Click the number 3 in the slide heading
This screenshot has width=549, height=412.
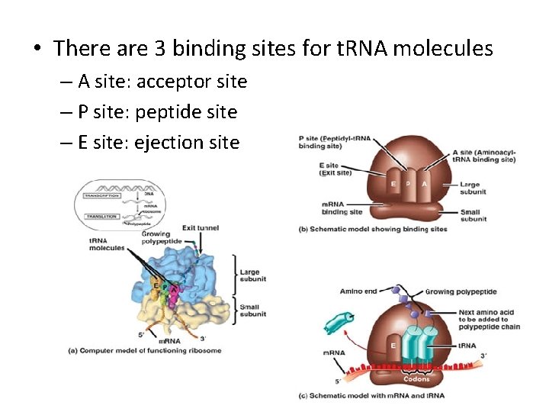point(161,50)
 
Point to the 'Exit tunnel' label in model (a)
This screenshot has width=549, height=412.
point(201,227)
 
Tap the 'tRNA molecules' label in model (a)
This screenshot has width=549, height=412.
point(106,246)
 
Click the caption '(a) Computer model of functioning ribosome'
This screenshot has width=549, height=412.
point(145,350)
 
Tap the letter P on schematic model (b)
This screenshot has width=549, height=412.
point(408,184)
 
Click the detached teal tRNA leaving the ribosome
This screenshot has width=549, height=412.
point(339,321)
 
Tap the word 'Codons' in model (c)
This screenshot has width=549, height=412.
point(416,378)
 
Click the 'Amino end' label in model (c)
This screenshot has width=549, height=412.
point(357,291)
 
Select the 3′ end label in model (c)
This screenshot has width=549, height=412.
point(483,356)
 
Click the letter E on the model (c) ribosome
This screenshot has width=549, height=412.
point(393,345)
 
